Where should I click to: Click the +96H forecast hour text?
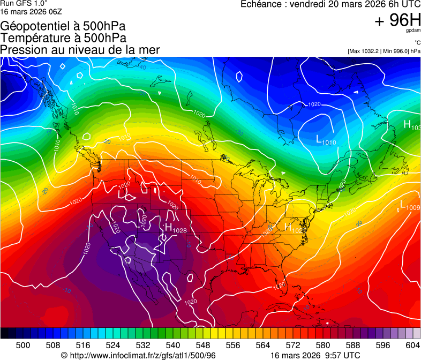[398, 20]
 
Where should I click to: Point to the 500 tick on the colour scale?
[23, 344]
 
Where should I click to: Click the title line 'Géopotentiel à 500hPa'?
[63, 26]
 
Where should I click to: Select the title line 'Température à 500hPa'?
[63, 38]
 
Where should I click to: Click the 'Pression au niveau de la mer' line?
[80, 50]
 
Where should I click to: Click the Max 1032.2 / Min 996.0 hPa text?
[384, 51]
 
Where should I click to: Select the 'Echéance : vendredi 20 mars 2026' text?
[316, 4]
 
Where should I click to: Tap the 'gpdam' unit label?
[414, 31]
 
